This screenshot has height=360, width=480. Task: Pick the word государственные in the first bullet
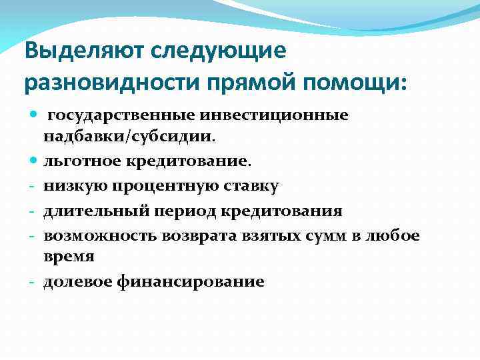[x=123, y=115]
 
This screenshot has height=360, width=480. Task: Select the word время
[x=69, y=257]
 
